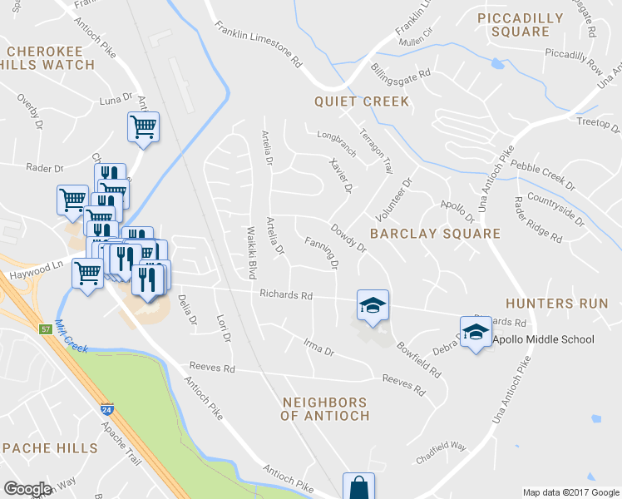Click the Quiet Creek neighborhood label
coord(362,101)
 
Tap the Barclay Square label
coord(435,234)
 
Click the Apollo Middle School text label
coord(544,339)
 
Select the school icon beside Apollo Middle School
coord(476,333)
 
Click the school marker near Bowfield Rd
coord(373,305)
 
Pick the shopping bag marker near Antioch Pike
coord(358,486)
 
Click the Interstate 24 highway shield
coord(106,408)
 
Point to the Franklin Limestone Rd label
coord(257,44)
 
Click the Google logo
coord(27,489)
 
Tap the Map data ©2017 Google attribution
coord(570,492)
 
